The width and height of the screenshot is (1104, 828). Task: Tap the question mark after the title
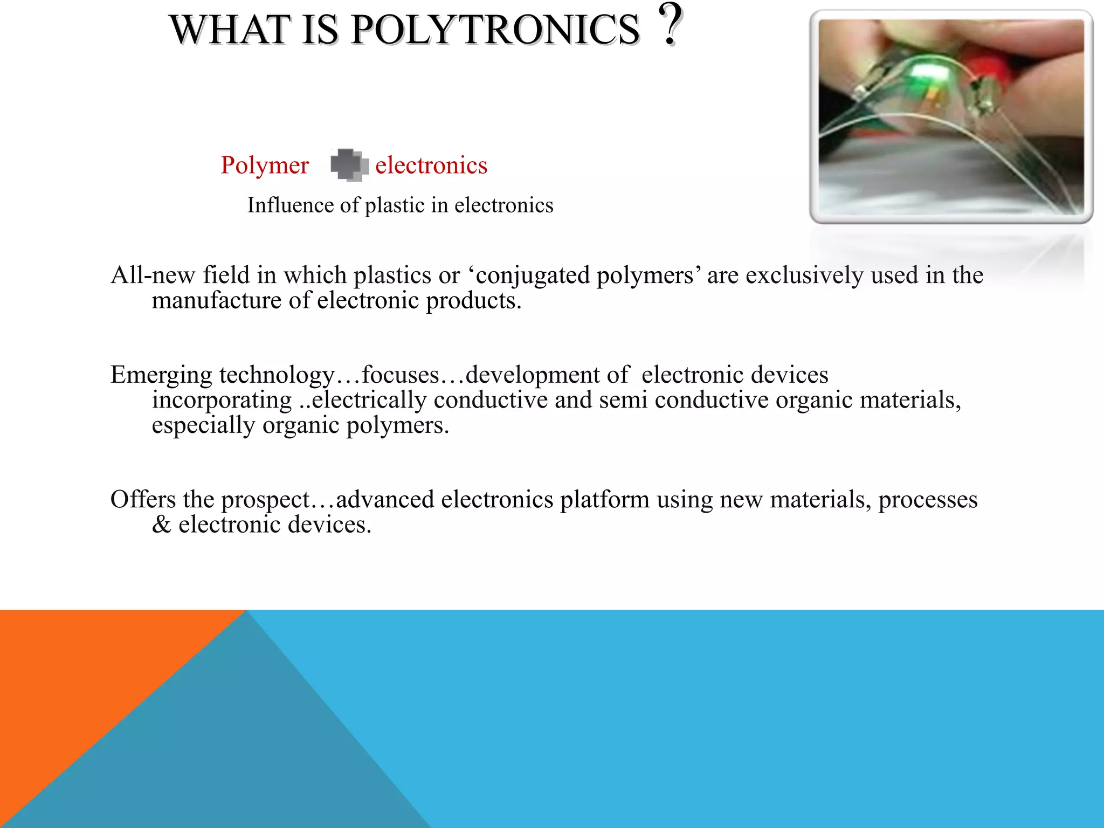coord(670,24)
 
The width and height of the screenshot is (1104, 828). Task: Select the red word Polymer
coord(265,165)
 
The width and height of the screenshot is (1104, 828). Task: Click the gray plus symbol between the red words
coord(349,164)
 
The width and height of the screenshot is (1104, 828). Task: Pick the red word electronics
coord(431,165)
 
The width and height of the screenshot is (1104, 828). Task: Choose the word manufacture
coord(216,301)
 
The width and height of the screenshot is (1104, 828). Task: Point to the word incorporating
coord(222,400)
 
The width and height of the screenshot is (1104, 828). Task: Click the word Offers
coord(143,499)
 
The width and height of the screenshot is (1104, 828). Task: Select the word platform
coord(604,499)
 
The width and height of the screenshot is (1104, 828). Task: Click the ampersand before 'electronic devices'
coord(161,525)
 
